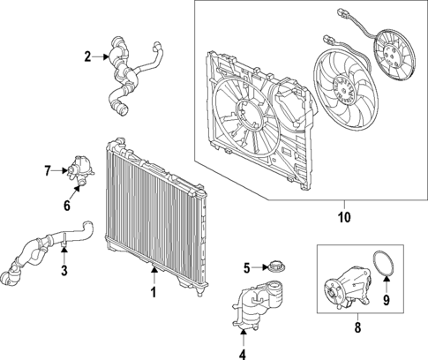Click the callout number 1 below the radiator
point(153,292)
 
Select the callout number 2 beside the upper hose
point(88,57)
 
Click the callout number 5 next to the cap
point(248,266)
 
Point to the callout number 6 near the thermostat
point(66,206)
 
